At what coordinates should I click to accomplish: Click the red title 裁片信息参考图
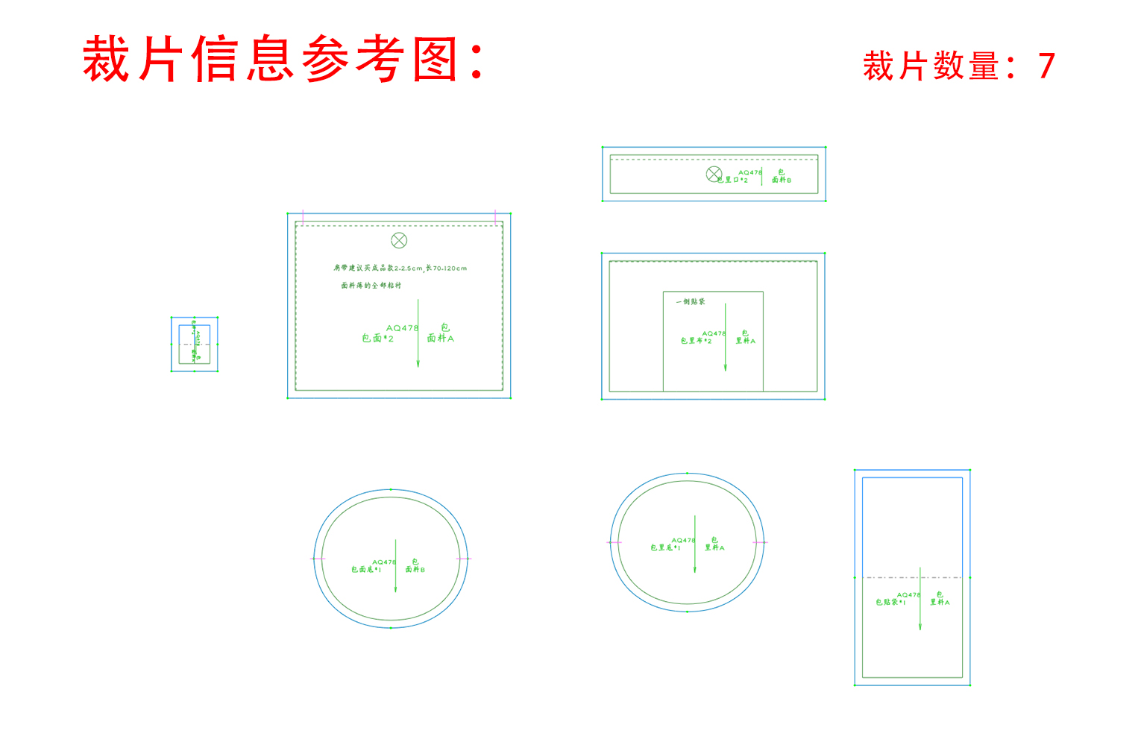283,59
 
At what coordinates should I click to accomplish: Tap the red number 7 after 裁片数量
1046,66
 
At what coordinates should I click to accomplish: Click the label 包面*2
377,339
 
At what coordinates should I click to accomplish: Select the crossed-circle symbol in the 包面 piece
399,240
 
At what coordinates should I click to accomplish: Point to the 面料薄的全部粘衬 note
371,286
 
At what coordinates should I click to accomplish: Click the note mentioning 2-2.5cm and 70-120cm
400,268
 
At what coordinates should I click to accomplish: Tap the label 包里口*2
734,180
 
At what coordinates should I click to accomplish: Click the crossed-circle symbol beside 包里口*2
714,174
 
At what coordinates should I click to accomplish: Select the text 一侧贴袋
691,302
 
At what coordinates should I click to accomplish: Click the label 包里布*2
696,341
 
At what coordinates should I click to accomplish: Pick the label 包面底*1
366,570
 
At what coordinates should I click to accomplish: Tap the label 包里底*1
665,548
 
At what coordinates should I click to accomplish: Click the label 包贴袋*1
890,603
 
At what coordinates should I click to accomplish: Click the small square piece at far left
195,344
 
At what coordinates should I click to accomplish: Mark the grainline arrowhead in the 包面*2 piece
418,364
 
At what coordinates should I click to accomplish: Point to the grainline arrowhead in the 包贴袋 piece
919,626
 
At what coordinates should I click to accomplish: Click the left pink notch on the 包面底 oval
318,559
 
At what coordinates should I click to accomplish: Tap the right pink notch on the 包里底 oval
760,542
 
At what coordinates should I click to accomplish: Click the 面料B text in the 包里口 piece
782,180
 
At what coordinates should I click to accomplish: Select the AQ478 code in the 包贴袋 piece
908,595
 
